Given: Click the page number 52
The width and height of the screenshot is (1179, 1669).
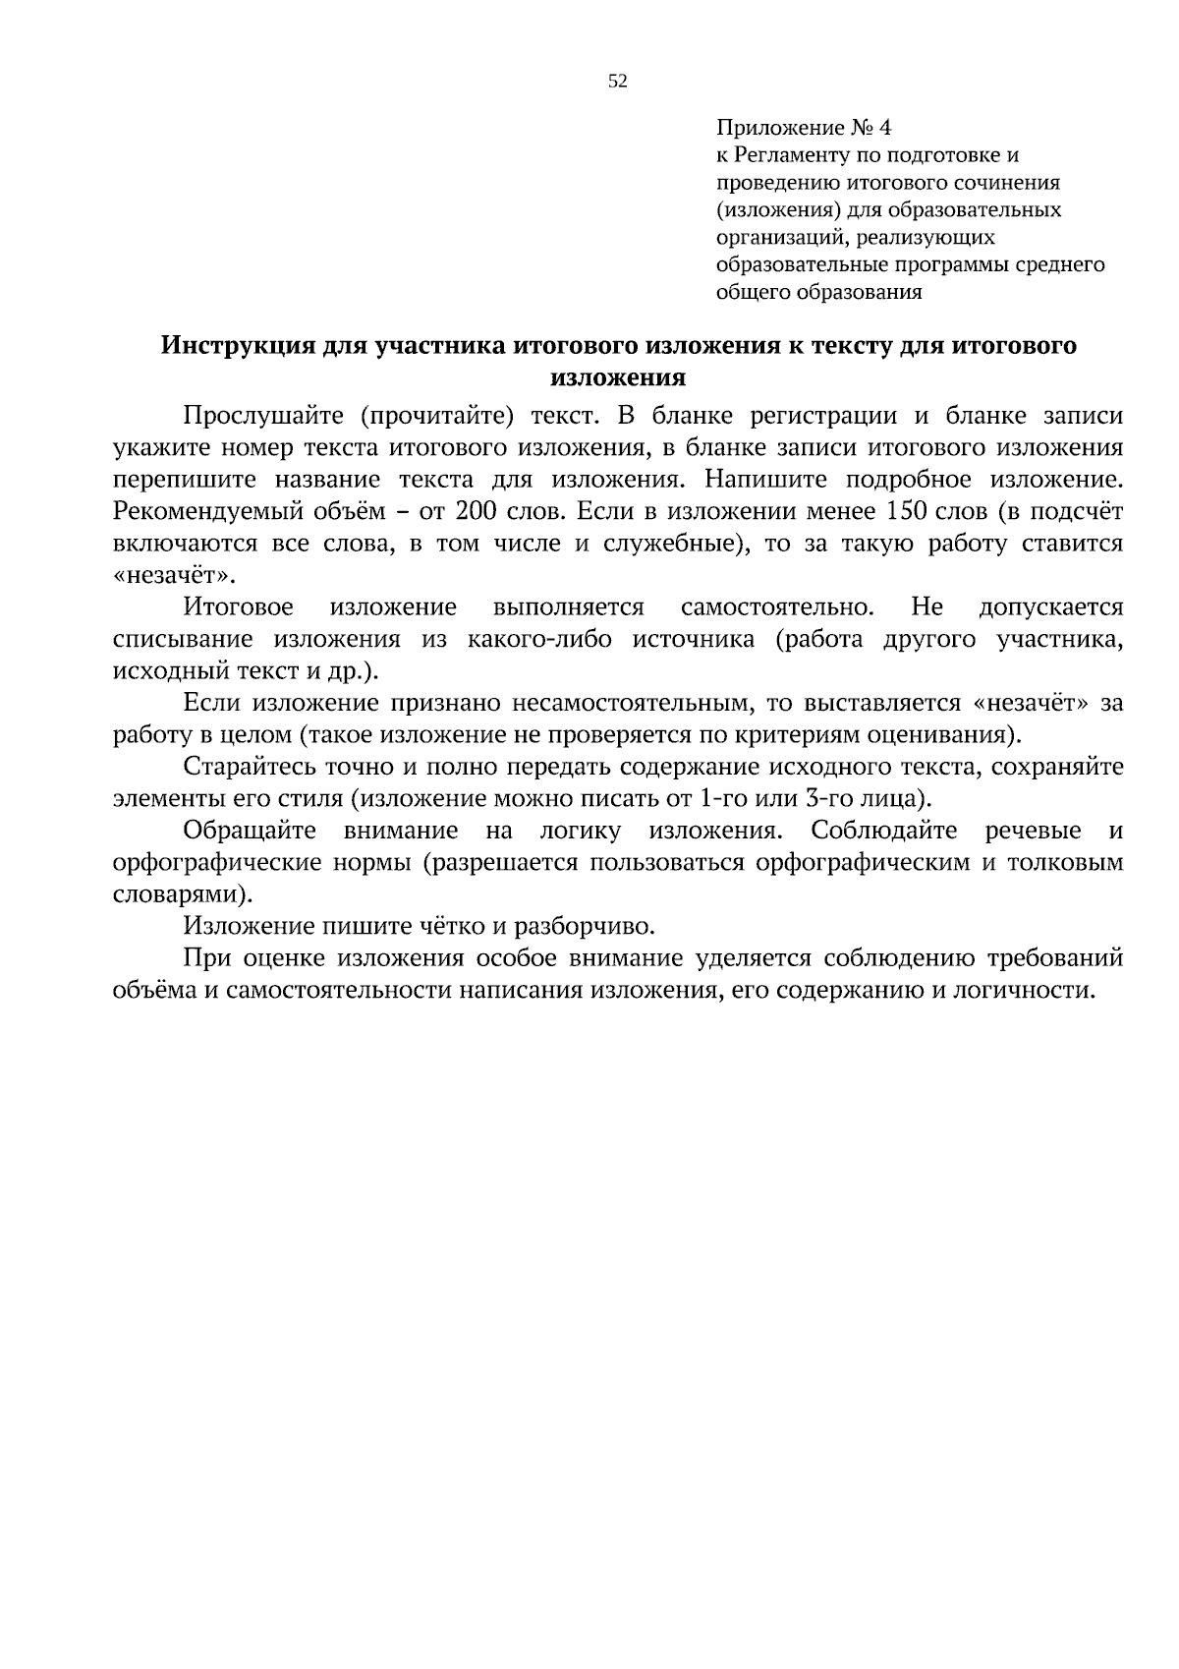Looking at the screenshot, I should pos(618,82).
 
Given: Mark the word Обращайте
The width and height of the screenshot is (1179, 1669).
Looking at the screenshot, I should pos(250,831).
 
